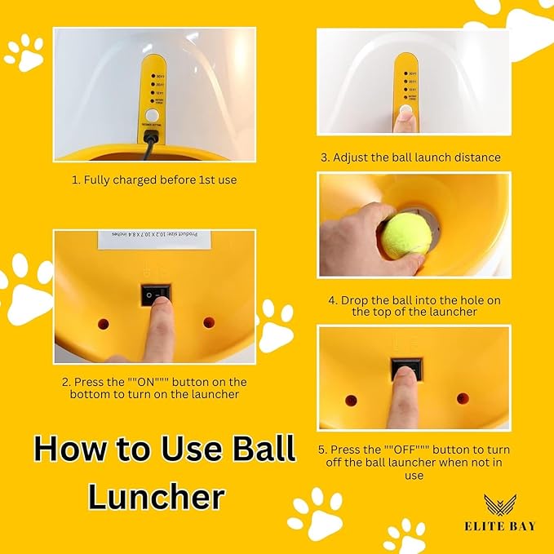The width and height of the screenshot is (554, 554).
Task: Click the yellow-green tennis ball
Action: [x=406, y=236]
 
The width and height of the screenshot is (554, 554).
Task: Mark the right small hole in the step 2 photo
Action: [x=209, y=322]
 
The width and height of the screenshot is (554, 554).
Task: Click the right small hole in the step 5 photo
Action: [x=463, y=399]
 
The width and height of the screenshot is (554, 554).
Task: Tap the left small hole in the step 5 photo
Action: [x=351, y=401]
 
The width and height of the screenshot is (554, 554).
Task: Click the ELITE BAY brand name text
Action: [x=497, y=526]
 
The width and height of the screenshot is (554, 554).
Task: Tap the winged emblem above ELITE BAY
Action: [x=497, y=505]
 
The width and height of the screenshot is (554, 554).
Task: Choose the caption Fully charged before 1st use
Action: [x=155, y=179]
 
